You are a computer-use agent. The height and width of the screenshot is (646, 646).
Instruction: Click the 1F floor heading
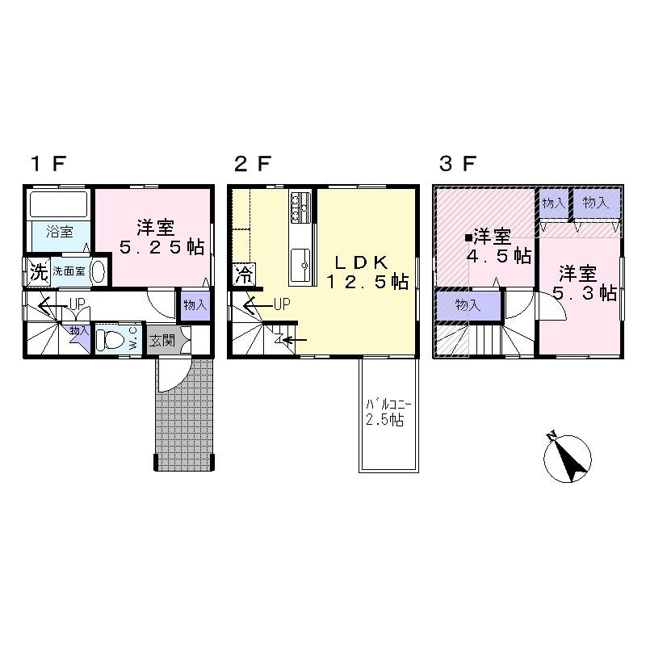48,164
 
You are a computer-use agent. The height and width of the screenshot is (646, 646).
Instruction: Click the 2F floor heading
251,164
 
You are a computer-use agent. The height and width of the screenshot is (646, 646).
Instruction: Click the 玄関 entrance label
161,340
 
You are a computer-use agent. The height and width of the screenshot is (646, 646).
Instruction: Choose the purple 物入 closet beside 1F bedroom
195,305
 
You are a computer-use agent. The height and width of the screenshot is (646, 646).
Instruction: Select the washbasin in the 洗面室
98,271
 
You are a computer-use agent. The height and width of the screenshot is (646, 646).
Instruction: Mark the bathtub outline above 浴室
59,203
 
